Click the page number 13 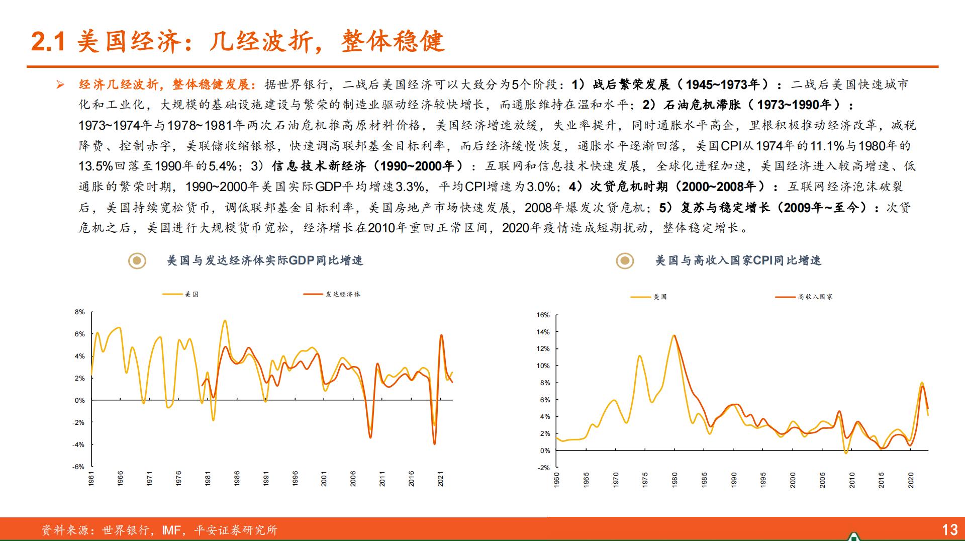pos(949,529)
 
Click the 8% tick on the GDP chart pos(80,312)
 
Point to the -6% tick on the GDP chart pos(78,467)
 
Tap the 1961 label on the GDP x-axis pos(91,478)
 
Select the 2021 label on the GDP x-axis pos(440,478)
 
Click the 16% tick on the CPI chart pos(543,315)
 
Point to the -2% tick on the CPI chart pos(544,468)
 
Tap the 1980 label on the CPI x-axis pos(674,480)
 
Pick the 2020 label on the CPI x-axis pos(910,480)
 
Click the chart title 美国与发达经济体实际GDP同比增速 pos(264,260)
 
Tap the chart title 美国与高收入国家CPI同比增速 pos(738,260)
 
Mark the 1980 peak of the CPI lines pos(674,335)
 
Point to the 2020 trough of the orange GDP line pos(434,443)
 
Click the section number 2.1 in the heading pos(48,42)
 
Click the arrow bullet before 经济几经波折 pos(61,84)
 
